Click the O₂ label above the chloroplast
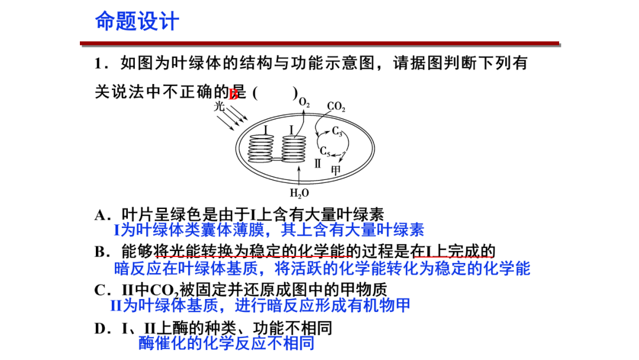[x=304, y=103]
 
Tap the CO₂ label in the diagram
[x=336, y=108]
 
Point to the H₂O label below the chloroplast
[x=299, y=192]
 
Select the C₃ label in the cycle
[x=337, y=131]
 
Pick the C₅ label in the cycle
[x=325, y=151]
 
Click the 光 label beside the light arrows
[x=220, y=108]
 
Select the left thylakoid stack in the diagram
[x=261, y=149]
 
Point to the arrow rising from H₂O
[x=299, y=176]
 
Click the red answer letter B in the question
[x=234, y=93]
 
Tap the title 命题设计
[x=137, y=22]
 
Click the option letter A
[x=99, y=215]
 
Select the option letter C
[x=99, y=290]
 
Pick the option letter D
[x=99, y=328]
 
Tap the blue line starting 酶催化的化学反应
[x=226, y=343]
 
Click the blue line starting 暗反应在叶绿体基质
[x=322, y=268]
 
